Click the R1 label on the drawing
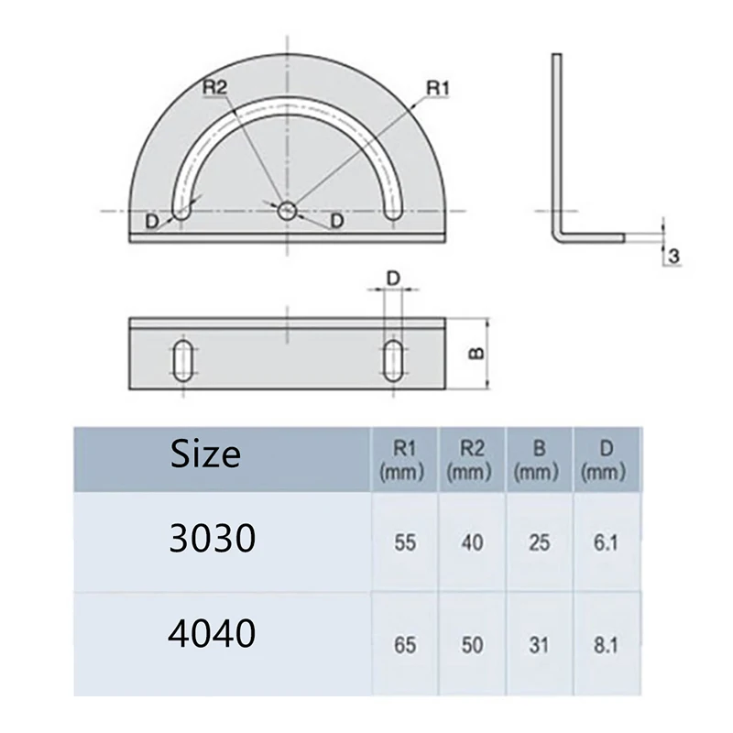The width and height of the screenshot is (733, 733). point(437,88)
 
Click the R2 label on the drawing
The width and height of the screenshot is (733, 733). point(215,87)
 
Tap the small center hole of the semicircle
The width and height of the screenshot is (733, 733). point(288,211)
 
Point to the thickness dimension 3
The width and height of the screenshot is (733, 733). point(673,257)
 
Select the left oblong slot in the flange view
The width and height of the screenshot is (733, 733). point(182,360)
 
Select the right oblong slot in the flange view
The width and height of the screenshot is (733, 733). point(393,360)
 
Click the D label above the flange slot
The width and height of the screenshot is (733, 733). point(393,277)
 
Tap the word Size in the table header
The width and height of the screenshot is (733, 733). point(206,454)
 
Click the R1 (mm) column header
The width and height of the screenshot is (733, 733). point(405,460)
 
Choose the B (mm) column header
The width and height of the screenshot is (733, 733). point(539,460)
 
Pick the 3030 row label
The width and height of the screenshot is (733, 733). point(212,541)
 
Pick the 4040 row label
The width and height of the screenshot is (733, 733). point(212,634)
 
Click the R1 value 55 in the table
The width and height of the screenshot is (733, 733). point(405,542)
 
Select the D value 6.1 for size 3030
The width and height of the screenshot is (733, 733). point(606,542)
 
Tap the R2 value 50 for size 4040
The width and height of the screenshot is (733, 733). point(473,645)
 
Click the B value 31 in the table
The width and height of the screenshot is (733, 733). point(539,645)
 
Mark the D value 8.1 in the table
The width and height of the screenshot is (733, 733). point(606,645)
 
